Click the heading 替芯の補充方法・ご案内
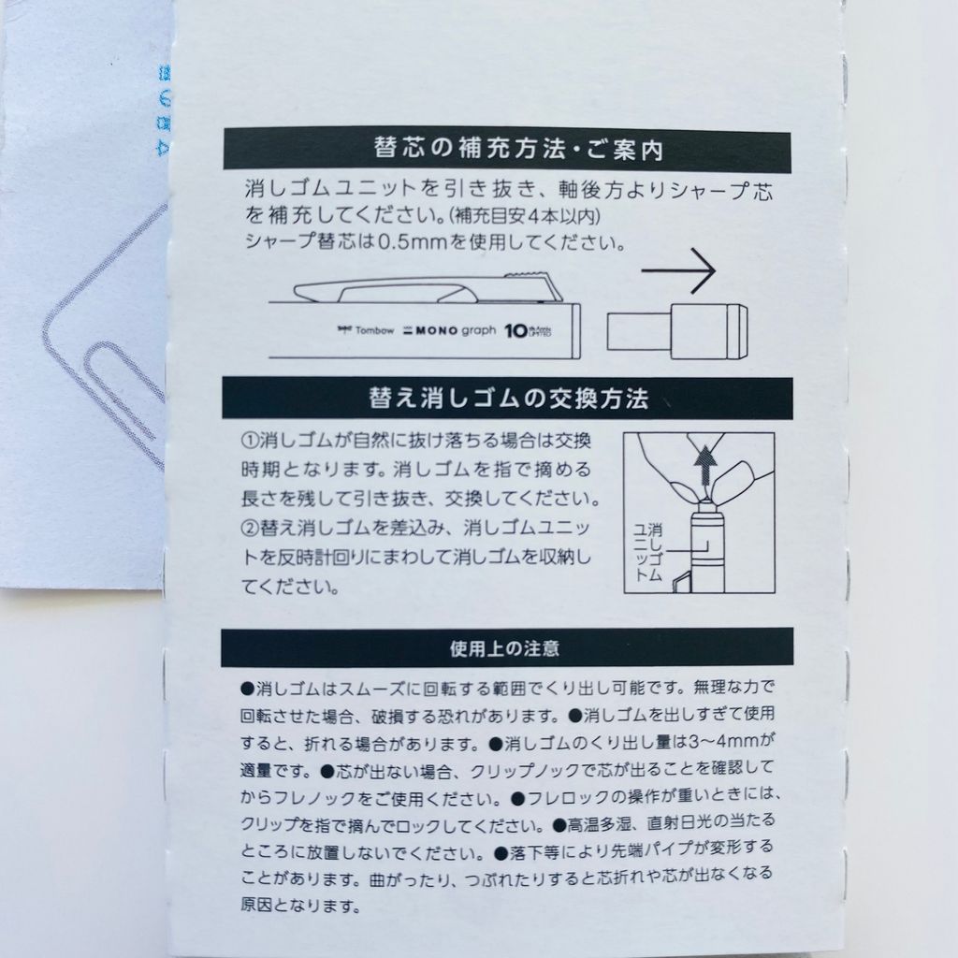point(518,149)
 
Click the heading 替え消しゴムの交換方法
point(508,399)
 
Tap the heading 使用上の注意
point(504,648)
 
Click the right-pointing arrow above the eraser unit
point(678,270)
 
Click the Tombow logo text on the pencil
point(366,330)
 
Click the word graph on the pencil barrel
point(478,331)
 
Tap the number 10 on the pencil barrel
point(515,330)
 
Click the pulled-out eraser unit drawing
point(677,331)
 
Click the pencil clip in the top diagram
point(428,287)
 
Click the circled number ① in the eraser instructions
point(250,440)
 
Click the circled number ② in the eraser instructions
point(250,528)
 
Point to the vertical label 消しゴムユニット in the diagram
point(647,552)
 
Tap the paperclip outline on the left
point(104,342)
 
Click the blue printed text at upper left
point(163,110)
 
